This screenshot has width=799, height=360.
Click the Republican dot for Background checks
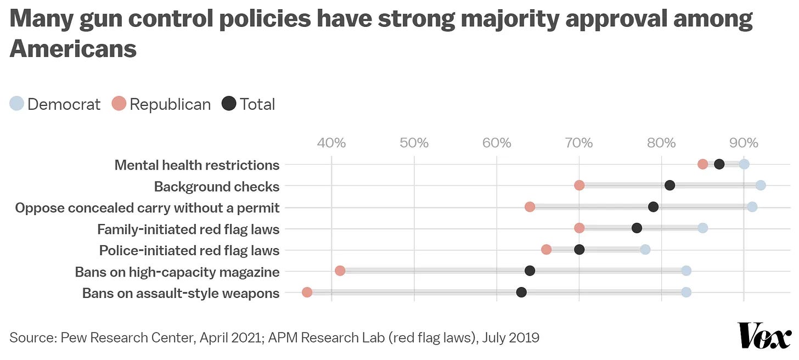(579, 185)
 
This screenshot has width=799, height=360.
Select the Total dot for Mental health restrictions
(719, 164)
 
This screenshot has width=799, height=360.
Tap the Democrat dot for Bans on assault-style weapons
(686, 292)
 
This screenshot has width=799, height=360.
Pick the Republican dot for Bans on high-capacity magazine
(340, 271)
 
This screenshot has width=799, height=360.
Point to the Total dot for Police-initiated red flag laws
(579, 250)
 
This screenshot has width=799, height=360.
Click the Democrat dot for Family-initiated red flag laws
(702, 228)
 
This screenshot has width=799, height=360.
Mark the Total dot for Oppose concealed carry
(653, 207)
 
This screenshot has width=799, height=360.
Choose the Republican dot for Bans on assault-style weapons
(307, 292)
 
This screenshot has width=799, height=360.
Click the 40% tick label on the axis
(331, 143)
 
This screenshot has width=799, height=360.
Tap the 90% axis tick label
(744, 143)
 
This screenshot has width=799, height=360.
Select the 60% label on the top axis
(497, 143)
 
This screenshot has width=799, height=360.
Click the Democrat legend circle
(17, 104)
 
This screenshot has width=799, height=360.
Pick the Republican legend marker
(119, 104)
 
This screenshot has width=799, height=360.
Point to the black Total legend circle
(229, 104)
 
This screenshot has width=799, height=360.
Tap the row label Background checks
(217, 187)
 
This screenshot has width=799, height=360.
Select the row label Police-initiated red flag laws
(189, 251)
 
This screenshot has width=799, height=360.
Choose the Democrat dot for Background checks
(760, 185)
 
